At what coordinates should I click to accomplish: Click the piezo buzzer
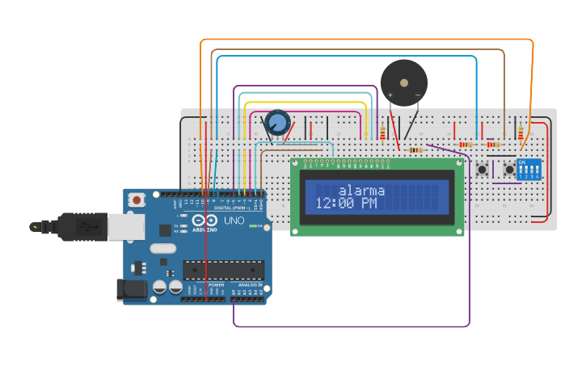tap(404, 82)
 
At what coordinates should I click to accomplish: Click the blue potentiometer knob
tap(277, 123)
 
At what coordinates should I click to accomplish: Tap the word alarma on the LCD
tap(361, 191)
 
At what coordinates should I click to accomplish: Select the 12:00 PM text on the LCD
tap(346, 204)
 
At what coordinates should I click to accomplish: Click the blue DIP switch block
tap(528, 170)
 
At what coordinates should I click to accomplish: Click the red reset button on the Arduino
tap(137, 200)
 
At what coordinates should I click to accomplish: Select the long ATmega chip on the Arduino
tap(223, 269)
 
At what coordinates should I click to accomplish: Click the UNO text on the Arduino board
tap(234, 220)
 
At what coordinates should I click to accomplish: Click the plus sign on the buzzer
tap(390, 95)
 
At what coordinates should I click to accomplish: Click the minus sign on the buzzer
tap(418, 95)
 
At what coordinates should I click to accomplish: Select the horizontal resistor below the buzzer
tap(415, 150)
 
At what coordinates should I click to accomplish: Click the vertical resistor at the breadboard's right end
tap(521, 133)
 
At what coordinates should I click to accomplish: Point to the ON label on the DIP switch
tap(521, 162)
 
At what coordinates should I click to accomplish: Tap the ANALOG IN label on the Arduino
tap(248, 285)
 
